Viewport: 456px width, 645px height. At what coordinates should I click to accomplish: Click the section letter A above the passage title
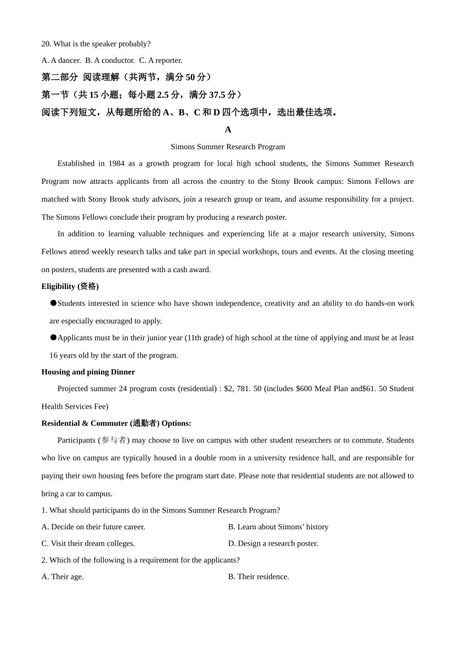[228, 130]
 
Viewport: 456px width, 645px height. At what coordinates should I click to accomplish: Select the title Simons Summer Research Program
[228, 147]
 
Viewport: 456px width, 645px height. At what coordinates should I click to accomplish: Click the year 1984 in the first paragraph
[116, 164]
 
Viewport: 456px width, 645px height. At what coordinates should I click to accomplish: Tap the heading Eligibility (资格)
[70, 287]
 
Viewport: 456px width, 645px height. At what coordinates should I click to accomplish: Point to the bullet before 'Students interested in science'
[53, 303]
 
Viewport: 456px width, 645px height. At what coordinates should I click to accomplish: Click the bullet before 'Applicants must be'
[53, 337]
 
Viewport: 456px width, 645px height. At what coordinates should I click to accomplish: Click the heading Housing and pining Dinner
[88, 372]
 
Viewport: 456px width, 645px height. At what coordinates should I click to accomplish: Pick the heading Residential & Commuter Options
[116, 423]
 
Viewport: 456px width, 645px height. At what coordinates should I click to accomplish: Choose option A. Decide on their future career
[93, 527]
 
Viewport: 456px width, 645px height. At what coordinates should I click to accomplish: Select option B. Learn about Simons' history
[278, 527]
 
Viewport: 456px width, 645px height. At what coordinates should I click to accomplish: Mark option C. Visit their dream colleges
[88, 544]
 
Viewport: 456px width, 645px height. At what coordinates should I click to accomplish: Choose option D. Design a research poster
[273, 544]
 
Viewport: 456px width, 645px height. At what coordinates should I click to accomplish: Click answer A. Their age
[62, 577]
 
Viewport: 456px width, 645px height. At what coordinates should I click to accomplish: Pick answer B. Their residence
[258, 577]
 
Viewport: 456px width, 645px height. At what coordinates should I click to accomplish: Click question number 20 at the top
[46, 44]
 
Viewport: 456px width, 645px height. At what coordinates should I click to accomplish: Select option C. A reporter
[161, 60]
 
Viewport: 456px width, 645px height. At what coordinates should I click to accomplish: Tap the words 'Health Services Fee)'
[75, 406]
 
